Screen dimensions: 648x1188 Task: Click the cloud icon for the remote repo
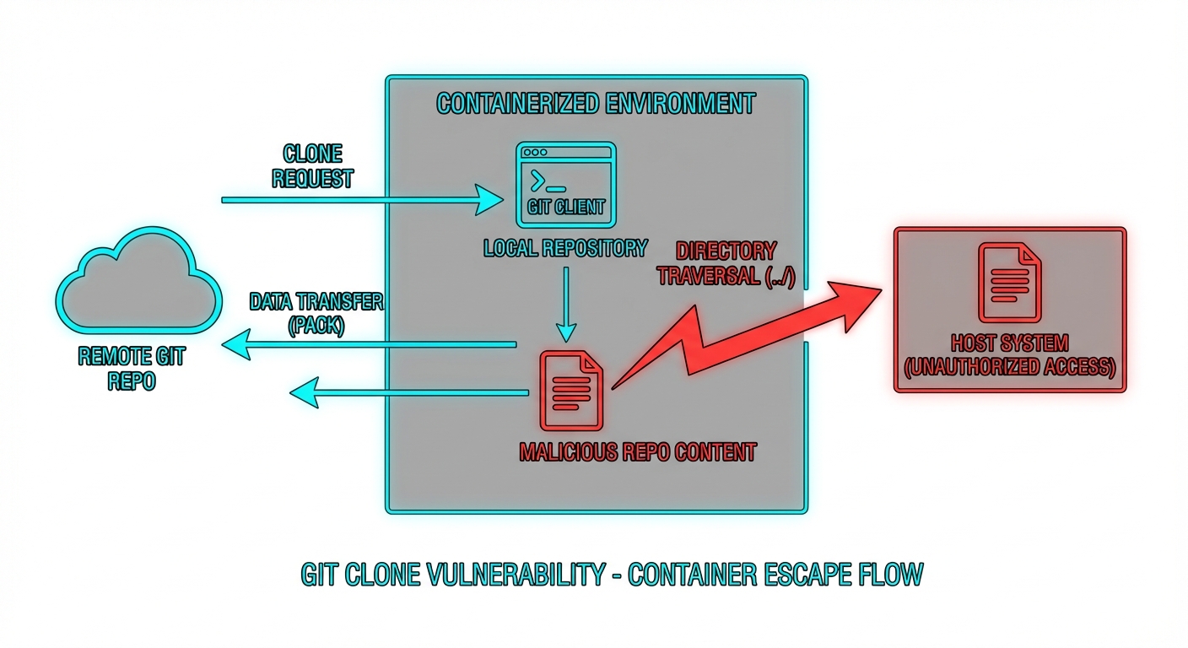click(x=139, y=292)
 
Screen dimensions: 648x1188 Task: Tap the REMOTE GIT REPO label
click(x=132, y=368)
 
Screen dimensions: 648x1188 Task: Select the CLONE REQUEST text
click(x=312, y=166)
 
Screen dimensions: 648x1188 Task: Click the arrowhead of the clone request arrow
click(x=488, y=200)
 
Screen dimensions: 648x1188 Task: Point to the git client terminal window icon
click(x=566, y=185)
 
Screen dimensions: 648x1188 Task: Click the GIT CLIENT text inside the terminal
click(x=566, y=207)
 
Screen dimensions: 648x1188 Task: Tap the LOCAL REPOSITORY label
click(x=565, y=248)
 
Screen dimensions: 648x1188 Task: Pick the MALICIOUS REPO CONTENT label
click(x=637, y=451)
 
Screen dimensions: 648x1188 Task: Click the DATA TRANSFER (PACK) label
click(x=316, y=314)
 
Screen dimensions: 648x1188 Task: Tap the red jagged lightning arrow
click(x=742, y=337)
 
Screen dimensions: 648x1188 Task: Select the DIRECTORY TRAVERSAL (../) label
click(x=726, y=263)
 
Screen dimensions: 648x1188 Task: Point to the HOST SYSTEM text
click(x=1009, y=343)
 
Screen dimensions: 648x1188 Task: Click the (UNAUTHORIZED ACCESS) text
click(x=1009, y=368)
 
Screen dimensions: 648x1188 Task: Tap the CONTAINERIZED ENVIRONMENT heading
click(x=596, y=104)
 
